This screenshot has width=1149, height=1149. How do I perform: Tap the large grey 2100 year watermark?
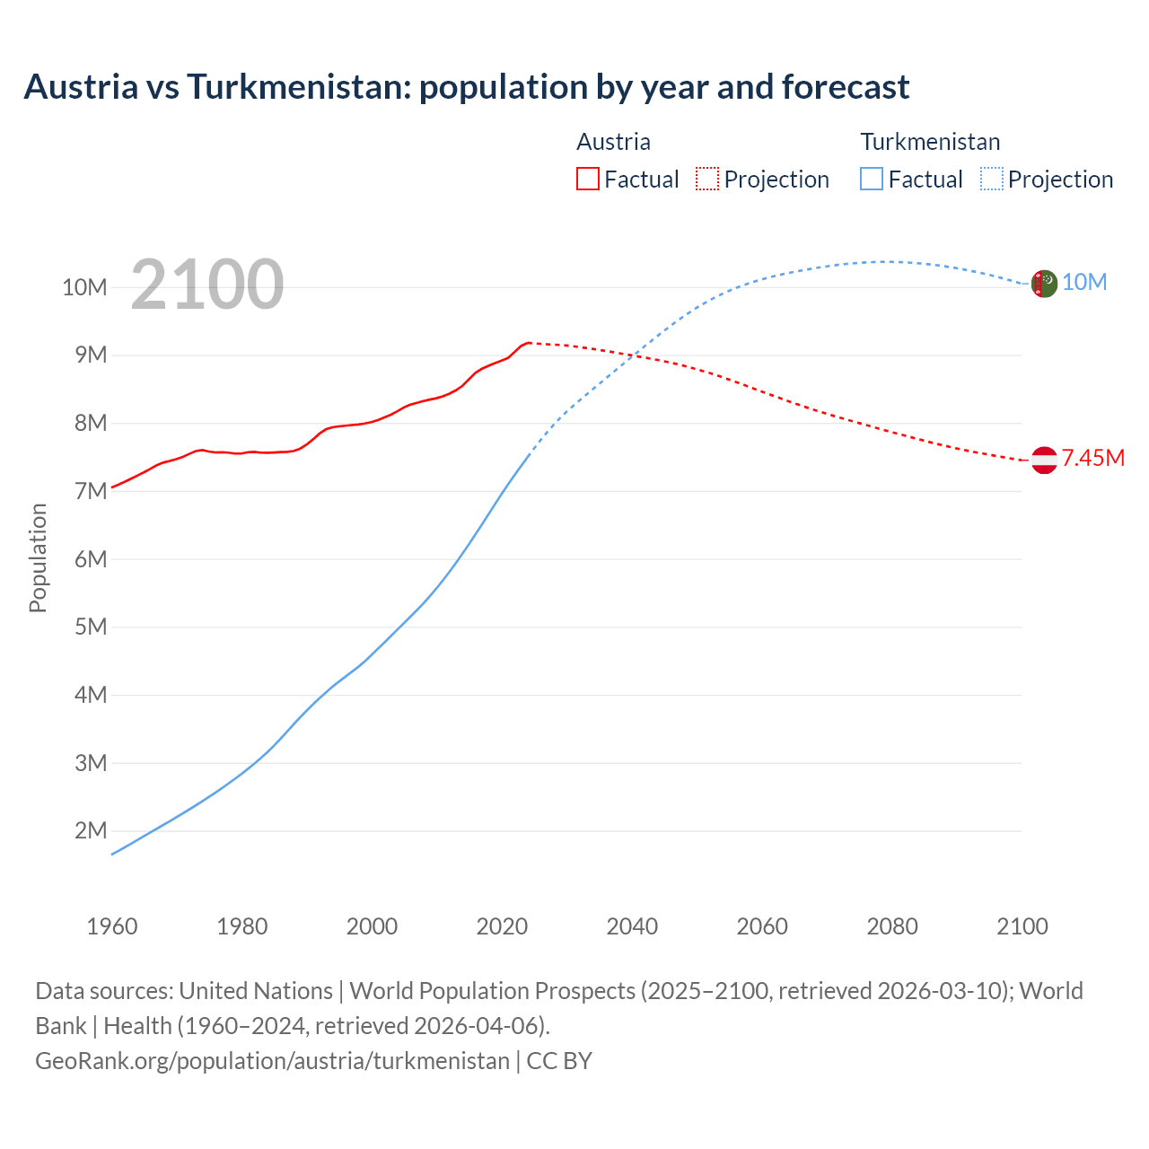click(x=207, y=285)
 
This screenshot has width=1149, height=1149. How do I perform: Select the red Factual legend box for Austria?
click(x=587, y=179)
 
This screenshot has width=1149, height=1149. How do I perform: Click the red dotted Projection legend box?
click(x=707, y=179)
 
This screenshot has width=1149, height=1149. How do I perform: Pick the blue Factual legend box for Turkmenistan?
click(x=871, y=179)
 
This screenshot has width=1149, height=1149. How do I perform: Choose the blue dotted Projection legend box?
click(x=991, y=179)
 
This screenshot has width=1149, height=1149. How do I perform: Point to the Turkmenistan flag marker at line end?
click(x=1043, y=284)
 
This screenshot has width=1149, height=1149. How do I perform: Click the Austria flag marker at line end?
click(x=1043, y=460)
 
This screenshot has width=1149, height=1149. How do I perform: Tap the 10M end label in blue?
click(x=1084, y=283)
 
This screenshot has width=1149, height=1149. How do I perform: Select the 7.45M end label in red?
click(x=1092, y=459)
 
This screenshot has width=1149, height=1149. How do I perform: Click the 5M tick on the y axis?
click(x=91, y=627)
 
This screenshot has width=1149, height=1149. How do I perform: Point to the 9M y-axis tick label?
click(x=91, y=355)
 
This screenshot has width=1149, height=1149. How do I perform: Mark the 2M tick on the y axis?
click(x=91, y=830)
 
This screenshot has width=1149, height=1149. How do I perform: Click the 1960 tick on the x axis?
click(x=112, y=926)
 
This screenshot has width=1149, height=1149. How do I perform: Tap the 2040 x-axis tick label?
click(x=632, y=926)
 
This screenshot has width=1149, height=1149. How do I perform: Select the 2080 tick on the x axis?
click(x=892, y=926)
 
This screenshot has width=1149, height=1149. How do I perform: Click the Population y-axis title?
click(x=38, y=558)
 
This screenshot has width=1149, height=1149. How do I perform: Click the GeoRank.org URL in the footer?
click(x=272, y=1061)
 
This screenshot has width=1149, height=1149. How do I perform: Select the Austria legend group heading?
click(x=613, y=142)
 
